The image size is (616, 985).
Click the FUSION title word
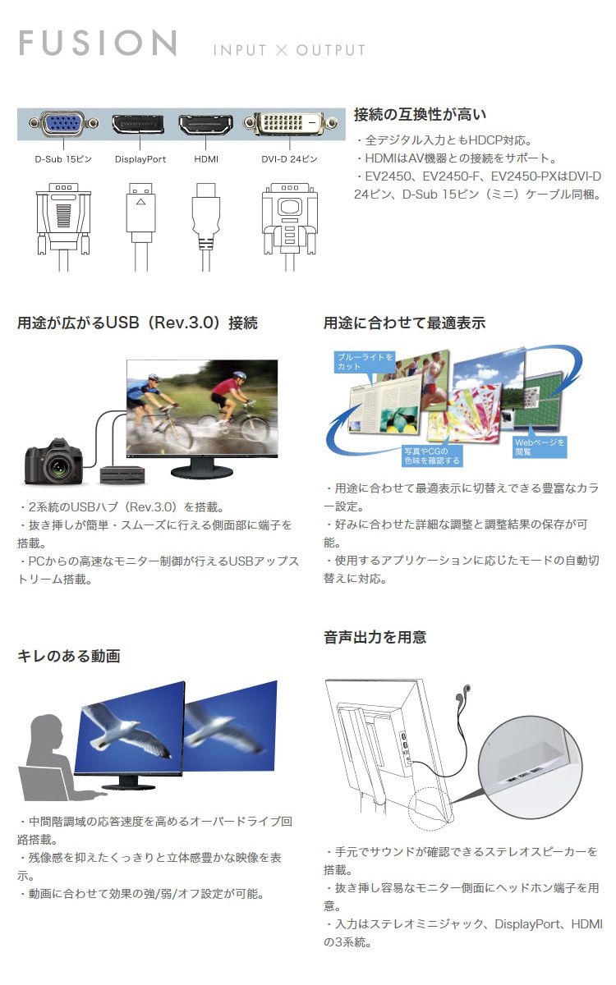(98, 44)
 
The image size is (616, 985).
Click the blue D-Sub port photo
(62, 123)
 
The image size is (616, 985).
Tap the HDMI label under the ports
(206, 159)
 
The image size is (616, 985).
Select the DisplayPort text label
(140, 159)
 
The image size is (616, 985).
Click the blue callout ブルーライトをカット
(363, 362)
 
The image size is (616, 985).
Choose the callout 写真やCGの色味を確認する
(432, 456)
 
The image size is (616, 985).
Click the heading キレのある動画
(69, 656)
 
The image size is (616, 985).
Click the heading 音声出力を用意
(375, 637)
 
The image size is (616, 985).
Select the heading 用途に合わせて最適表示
(404, 323)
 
